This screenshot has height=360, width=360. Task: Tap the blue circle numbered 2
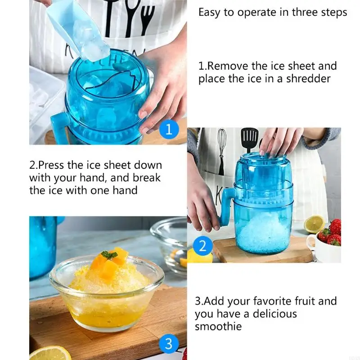(202, 246)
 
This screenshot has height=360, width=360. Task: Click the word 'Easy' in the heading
(210, 12)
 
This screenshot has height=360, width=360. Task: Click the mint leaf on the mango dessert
(109, 255)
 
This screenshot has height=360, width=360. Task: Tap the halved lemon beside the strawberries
(314, 224)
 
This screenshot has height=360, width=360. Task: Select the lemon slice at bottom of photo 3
(49, 353)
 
